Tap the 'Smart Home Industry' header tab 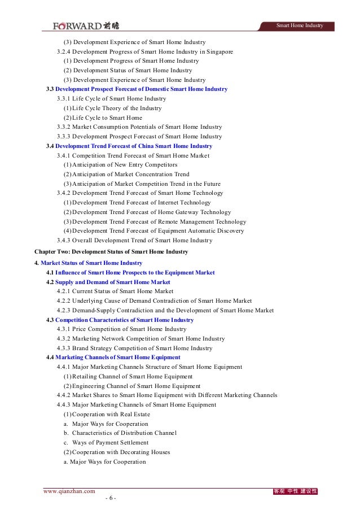(x=299, y=26)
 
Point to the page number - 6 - (x=110, y=498)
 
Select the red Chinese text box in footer (x=295, y=491)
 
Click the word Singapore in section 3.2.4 (x=219, y=51)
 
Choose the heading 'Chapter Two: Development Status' (x=111, y=251)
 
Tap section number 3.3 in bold (x=50, y=89)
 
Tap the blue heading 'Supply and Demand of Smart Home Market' (x=112, y=282)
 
